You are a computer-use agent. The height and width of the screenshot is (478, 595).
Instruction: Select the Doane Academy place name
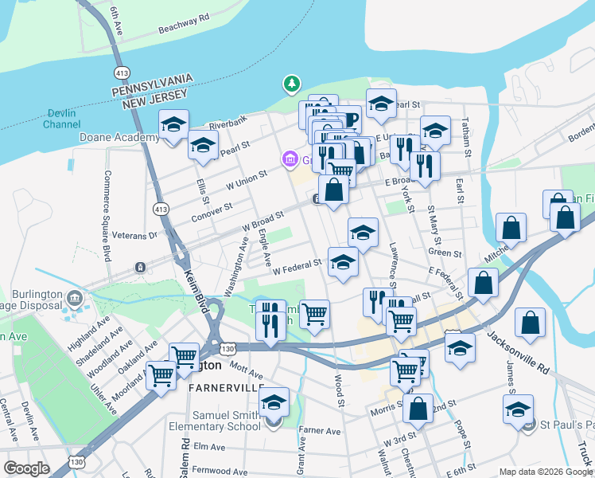119,137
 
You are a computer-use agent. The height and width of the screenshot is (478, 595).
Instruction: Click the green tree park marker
292,83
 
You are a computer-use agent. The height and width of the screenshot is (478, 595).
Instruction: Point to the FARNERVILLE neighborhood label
227,387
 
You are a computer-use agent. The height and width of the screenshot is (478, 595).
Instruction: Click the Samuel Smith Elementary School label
226,421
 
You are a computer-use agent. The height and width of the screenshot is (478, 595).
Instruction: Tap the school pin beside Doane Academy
173,124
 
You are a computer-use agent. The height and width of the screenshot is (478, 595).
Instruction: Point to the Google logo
26,468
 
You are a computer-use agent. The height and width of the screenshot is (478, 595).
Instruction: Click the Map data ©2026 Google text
545,472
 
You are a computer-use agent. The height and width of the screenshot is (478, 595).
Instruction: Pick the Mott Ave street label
246,372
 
